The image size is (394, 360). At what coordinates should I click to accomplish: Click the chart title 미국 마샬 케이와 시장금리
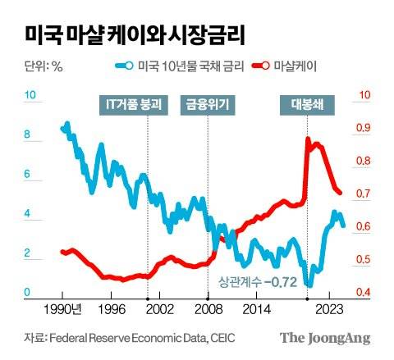135,35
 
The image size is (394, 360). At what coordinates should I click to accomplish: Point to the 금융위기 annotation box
208,103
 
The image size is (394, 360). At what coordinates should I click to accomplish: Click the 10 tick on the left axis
30,96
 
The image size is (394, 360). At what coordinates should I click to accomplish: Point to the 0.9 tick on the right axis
362,128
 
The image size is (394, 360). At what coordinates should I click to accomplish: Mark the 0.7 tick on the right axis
362,194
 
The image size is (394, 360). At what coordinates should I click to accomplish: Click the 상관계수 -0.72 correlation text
257,282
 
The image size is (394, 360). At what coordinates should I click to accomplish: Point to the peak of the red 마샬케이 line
308,139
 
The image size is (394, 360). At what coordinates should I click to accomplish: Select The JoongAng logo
324,338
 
